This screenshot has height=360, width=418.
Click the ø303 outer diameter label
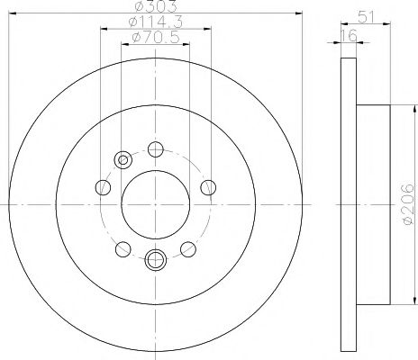pyautogui.click(x=156, y=6)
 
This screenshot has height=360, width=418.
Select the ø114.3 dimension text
pyautogui.click(x=155, y=21)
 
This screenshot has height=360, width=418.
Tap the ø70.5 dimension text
pyautogui.click(x=156, y=37)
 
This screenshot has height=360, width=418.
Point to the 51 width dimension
pyautogui.click(x=367, y=17)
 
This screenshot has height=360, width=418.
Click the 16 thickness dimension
pyautogui.click(x=349, y=35)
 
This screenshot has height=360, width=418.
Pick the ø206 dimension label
pyautogui.click(x=408, y=204)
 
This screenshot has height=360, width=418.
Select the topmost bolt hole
pyautogui.click(x=156, y=149)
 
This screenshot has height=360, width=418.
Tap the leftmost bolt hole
pyautogui.click(x=103, y=187)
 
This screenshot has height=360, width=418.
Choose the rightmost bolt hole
pyautogui.click(x=208, y=187)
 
